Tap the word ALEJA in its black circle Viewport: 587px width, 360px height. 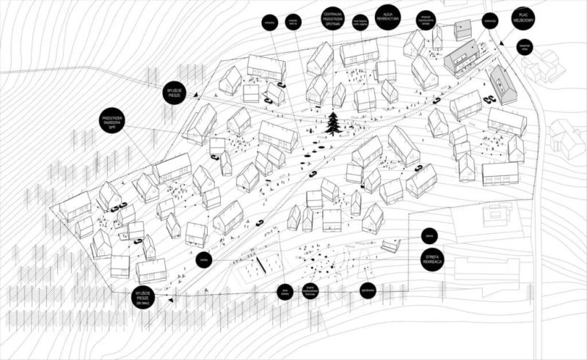pos(387,12)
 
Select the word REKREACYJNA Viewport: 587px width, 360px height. pos(387,18)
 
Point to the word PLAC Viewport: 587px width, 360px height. pos(523,15)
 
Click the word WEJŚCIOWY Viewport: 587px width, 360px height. pos(523,21)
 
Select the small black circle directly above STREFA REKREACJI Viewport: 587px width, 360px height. pos(431,236)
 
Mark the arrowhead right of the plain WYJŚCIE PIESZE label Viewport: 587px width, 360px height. pos(199,95)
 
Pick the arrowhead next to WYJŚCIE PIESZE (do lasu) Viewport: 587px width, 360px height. pos(170,300)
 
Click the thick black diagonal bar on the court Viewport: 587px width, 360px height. pos(260,267)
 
